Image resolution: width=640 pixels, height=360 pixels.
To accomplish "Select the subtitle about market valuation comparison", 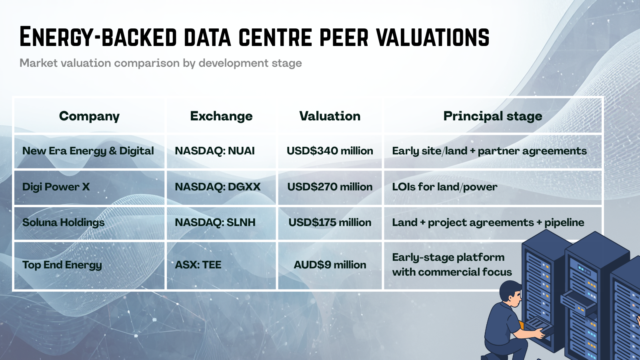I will [x=160, y=63].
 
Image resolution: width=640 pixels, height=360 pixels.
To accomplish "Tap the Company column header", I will [x=89, y=116].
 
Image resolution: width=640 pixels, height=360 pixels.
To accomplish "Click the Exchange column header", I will [x=221, y=116].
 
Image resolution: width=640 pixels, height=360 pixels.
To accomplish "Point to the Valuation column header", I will [x=330, y=116].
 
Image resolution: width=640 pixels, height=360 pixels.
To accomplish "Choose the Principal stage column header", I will [x=492, y=116].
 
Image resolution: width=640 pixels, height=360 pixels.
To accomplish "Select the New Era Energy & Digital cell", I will [x=88, y=151].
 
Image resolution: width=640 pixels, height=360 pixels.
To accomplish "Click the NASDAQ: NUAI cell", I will [x=215, y=151].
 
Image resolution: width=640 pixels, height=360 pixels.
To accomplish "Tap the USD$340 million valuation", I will [x=330, y=151].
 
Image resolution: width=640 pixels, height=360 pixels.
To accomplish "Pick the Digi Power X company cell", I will [x=56, y=187].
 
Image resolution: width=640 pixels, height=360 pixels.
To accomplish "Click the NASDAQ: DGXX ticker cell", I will [x=218, y=187].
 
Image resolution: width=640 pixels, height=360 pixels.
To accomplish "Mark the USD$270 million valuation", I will [x=330, y=187].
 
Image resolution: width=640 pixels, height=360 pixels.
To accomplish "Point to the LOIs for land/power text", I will [x=444, y=187].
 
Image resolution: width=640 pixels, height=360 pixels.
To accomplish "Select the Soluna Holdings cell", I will [x=63, y=222].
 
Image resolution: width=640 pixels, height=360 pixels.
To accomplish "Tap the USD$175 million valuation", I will [x=330, y=222].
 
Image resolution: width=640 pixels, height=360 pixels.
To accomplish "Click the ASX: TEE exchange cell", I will [x=198, y=265].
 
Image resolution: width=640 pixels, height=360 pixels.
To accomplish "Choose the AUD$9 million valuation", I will [x=330, y=265].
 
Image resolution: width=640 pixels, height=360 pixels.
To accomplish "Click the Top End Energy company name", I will [x=62, y=265].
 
